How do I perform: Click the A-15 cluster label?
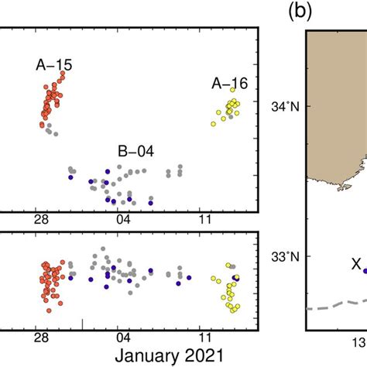[54, 66]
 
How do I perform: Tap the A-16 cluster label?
[229, 84]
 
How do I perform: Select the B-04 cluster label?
[135, 151]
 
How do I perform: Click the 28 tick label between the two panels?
[42, 219]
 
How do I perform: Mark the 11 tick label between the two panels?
[204, 219]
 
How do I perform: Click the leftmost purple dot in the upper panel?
[70, 177]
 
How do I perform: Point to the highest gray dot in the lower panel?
[103, 249]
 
